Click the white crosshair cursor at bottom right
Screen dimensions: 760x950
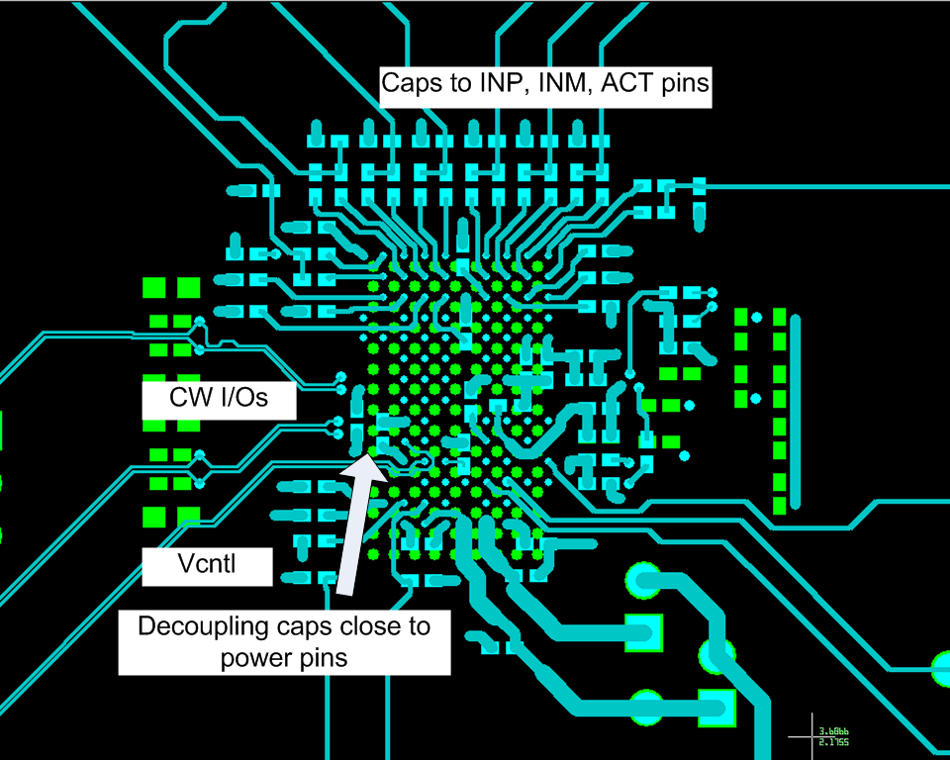(x=811, y=736)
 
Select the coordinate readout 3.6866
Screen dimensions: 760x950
(x=833, y=732)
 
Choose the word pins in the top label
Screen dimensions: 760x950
(x=685, y=83)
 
